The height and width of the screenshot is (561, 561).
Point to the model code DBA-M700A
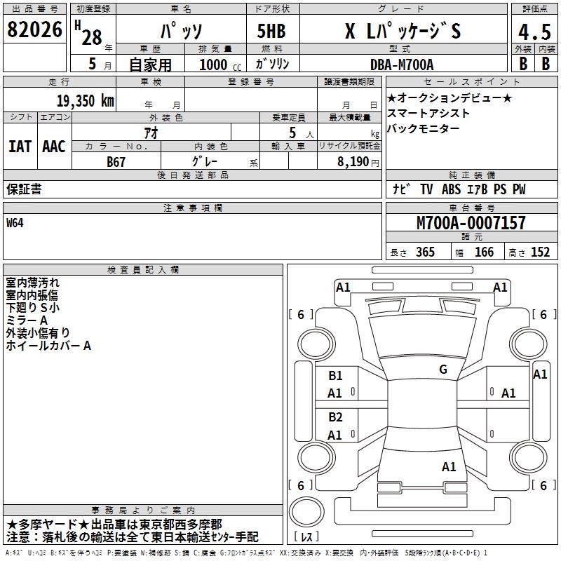[402, 64]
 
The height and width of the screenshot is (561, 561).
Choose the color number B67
[116, 161]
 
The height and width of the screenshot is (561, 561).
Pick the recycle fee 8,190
[358, 161]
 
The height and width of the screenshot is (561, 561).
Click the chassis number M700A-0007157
[471, 224]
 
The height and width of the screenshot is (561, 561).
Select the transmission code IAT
[20, 146]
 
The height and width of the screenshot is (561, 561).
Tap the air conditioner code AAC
[53, 146]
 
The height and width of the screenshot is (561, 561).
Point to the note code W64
[15, 223]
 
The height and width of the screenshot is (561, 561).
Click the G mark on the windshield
[442, 370]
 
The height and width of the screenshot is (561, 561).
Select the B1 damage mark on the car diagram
[335, 376]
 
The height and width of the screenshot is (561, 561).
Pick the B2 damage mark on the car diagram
[335, 417]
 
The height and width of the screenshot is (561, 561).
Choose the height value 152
[540, 252]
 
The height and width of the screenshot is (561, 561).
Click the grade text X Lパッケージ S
[403, 32]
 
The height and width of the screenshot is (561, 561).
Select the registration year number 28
[92, 38]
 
